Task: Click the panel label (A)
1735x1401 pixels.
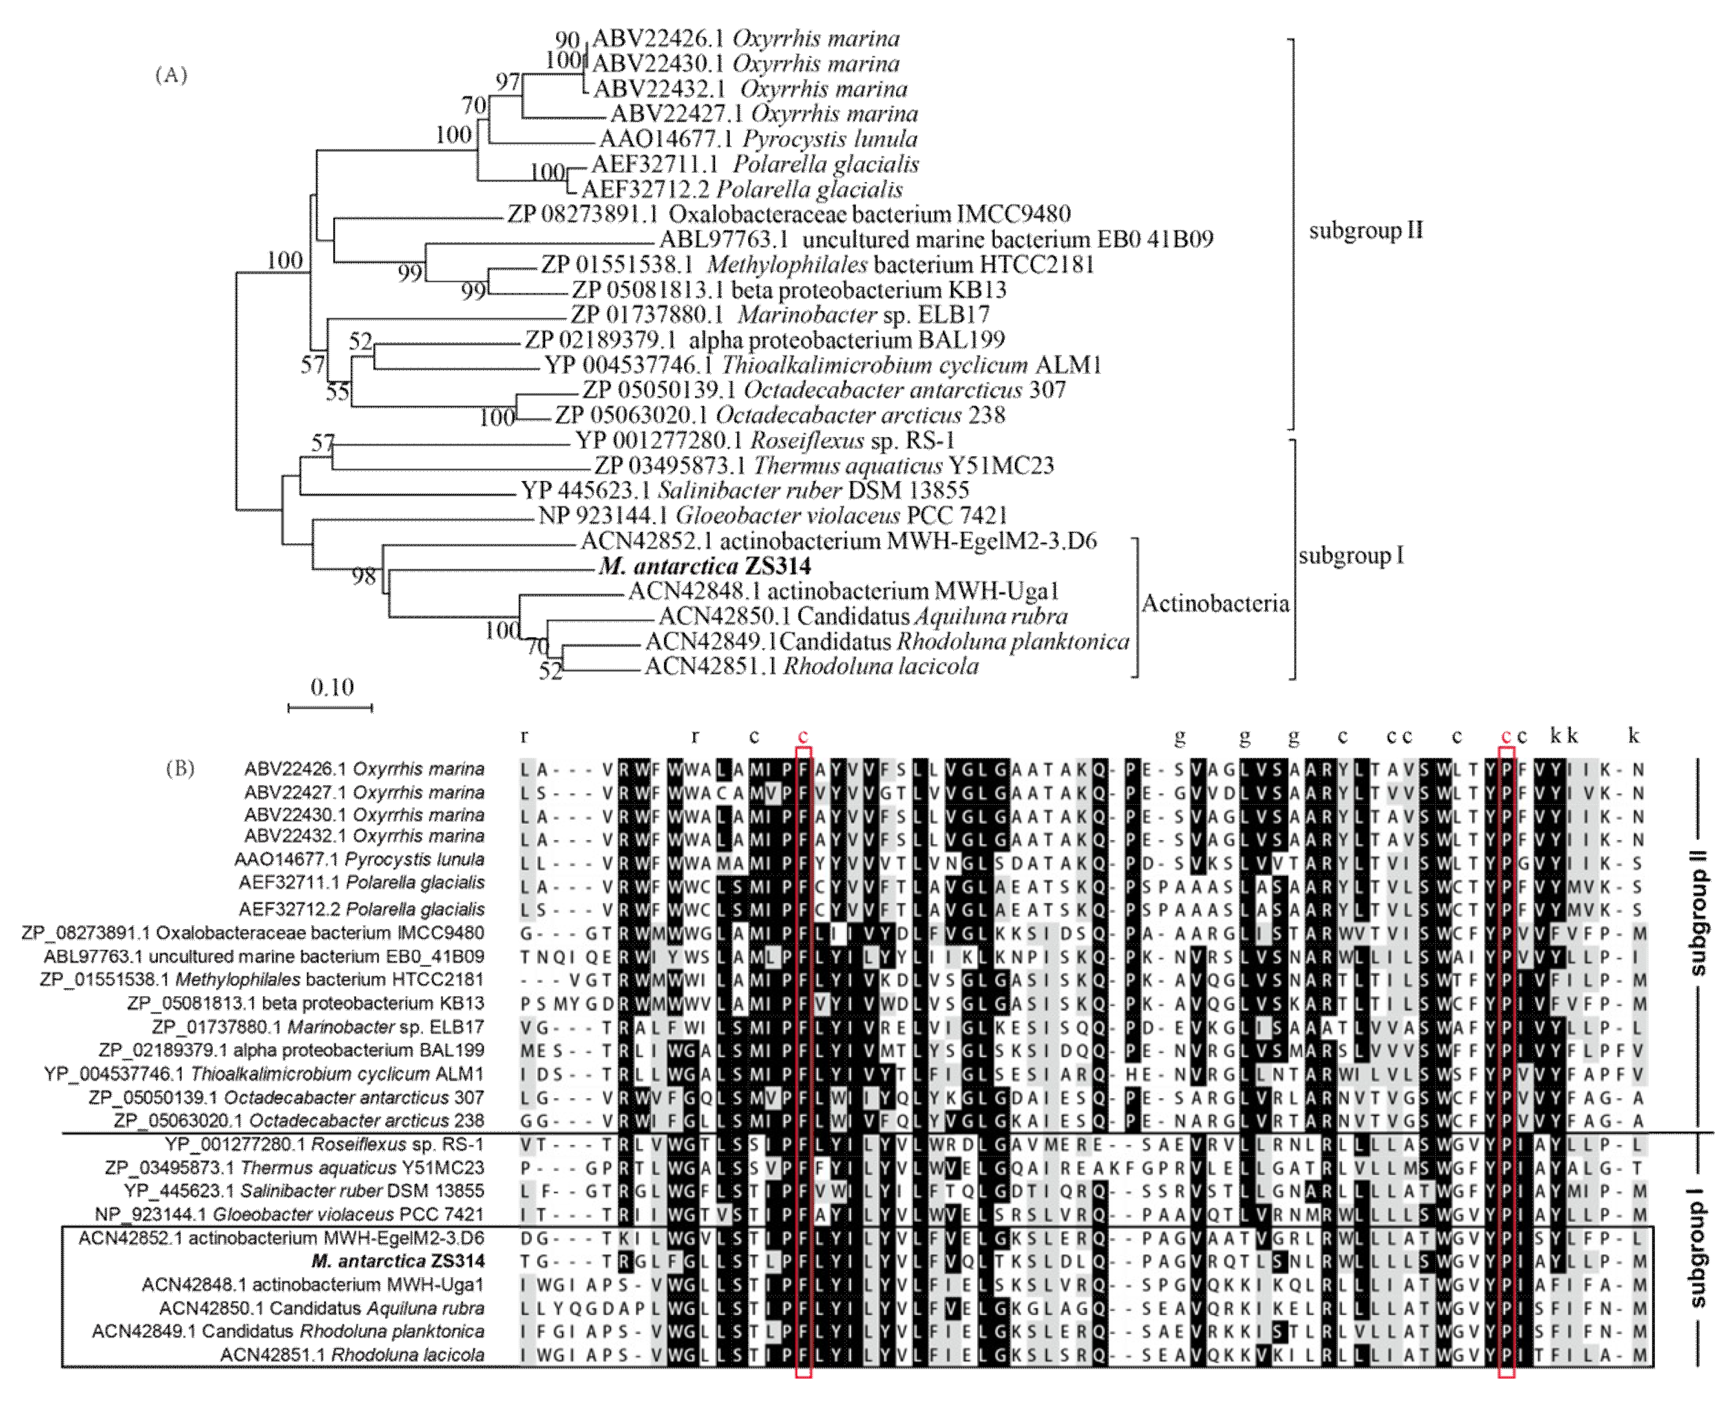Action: (171, 75)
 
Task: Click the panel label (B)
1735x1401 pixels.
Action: (180, 768)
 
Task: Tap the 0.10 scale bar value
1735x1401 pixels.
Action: (332, 688)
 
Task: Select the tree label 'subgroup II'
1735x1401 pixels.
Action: (1365, 231)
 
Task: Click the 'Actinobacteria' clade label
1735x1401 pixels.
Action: (1215, 604)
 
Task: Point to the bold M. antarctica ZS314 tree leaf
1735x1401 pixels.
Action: (704, 567)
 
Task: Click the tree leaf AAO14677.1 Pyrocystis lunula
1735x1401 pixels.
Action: (758, 139)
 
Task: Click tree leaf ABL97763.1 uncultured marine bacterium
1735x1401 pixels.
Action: (936, 240)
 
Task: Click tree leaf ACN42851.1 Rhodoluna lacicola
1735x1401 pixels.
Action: (811, 667)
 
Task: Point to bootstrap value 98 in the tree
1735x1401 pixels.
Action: (364, 576)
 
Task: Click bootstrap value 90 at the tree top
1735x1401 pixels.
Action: (567, 40)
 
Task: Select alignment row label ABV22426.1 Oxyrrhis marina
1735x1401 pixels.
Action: (365, 769)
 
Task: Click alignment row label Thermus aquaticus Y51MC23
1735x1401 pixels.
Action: (294, 1168)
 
